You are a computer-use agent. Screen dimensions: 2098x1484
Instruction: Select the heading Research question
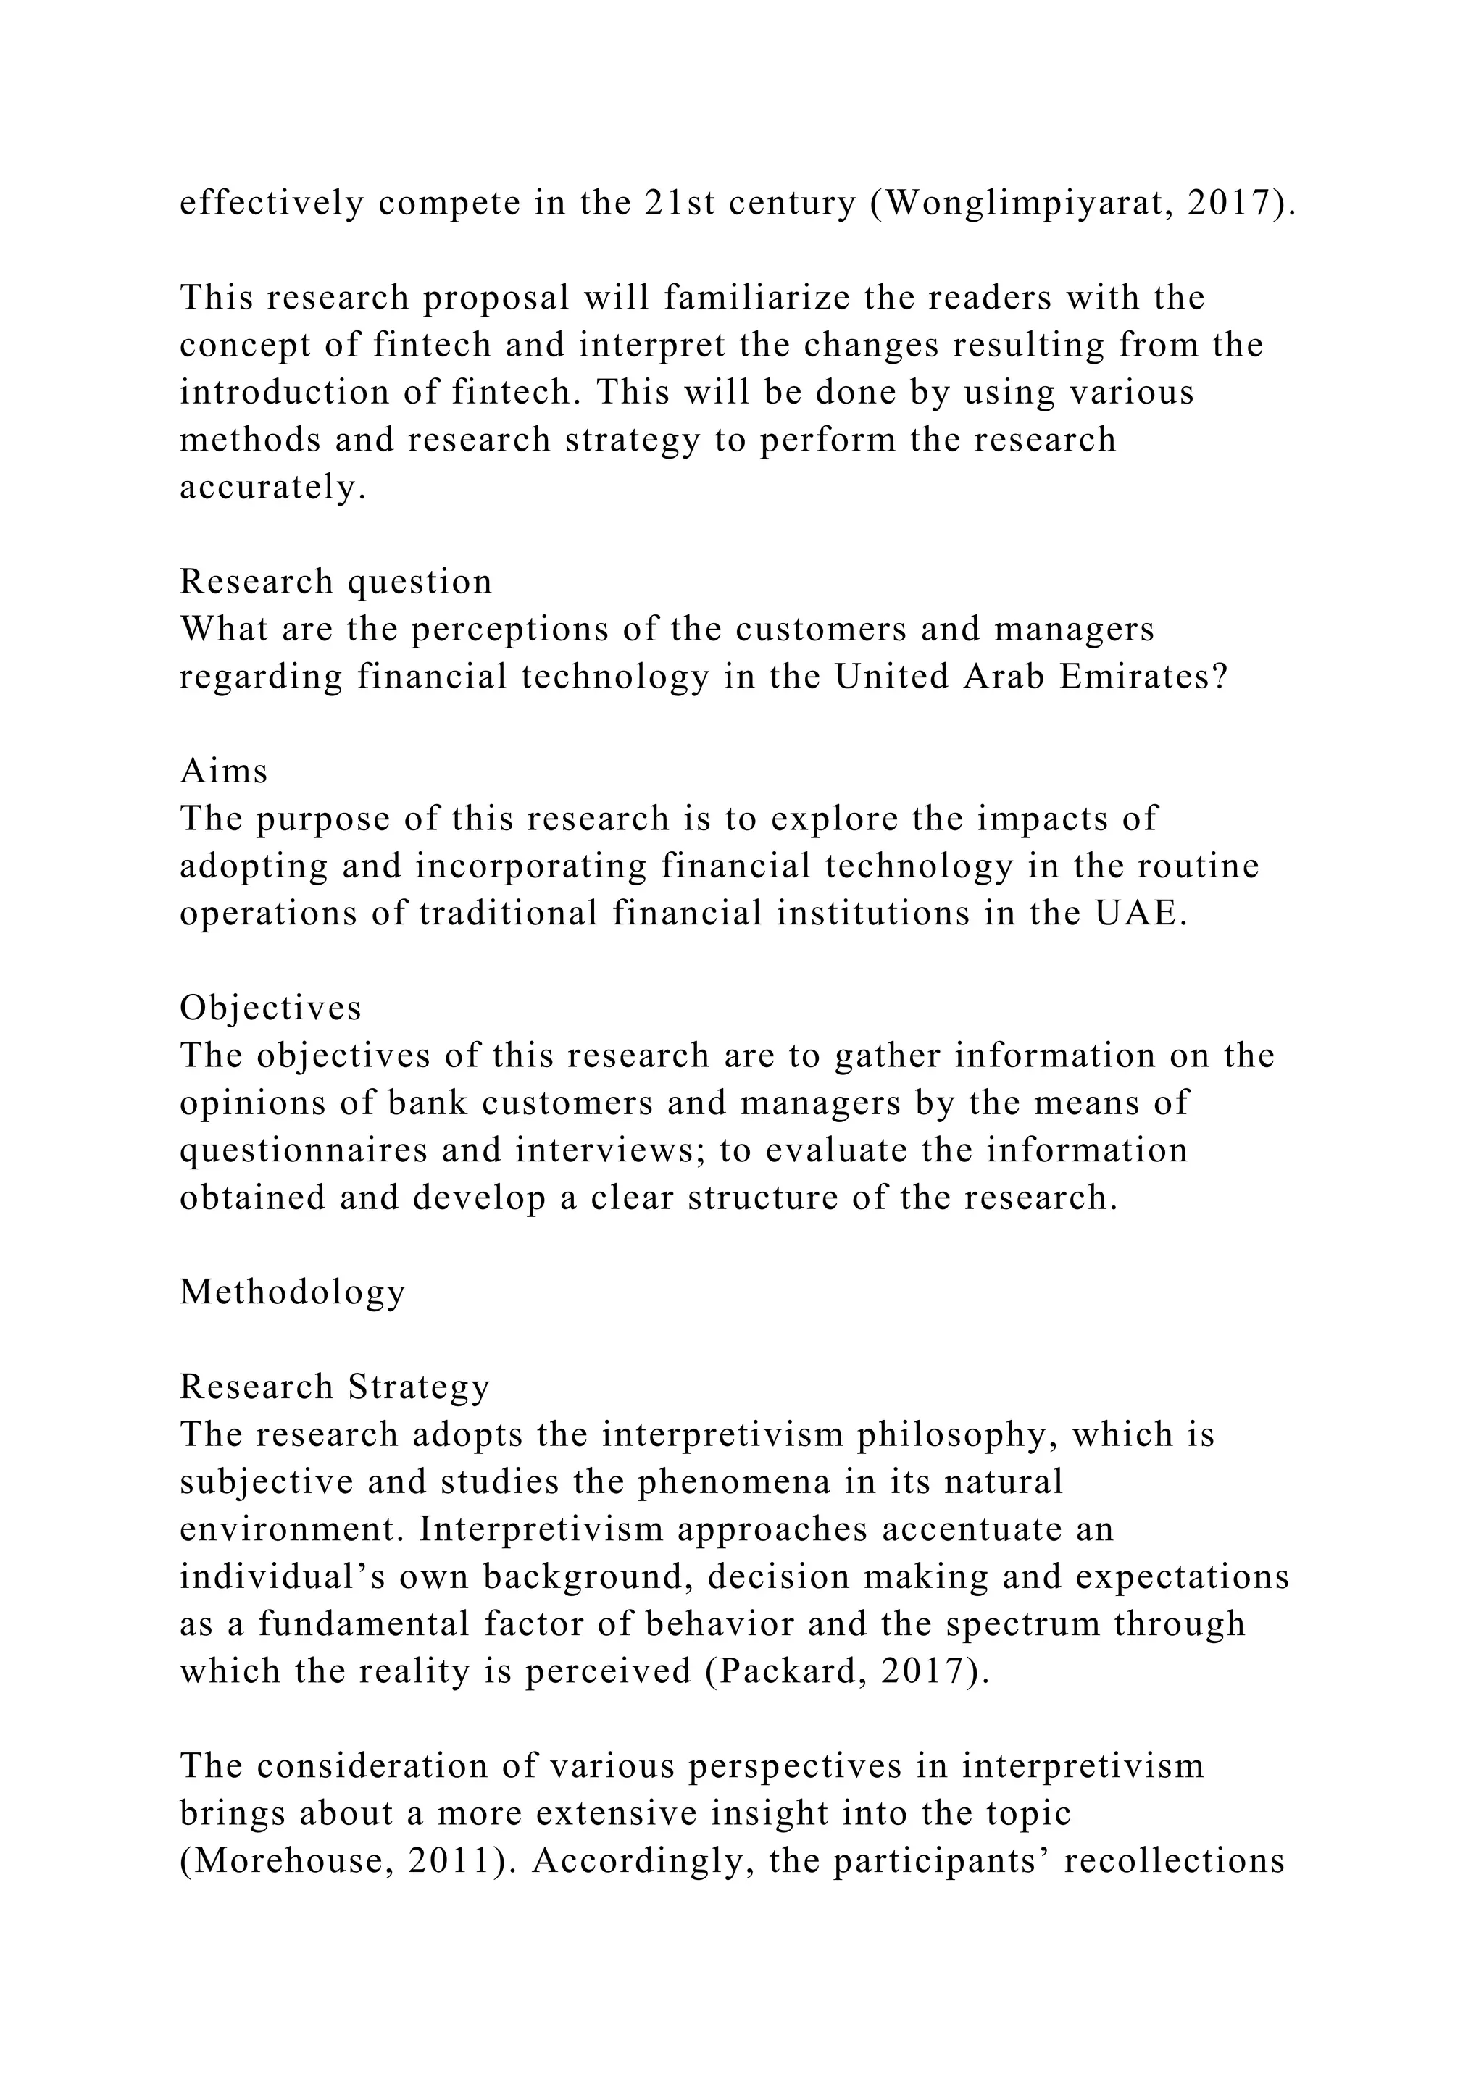335,582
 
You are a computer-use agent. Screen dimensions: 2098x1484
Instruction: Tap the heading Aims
224,772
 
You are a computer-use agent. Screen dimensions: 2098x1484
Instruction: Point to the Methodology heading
293,1293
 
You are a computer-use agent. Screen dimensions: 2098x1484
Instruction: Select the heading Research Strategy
335,1387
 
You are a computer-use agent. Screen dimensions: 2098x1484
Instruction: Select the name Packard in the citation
787,1671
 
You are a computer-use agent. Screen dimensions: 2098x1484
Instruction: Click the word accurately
272,488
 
